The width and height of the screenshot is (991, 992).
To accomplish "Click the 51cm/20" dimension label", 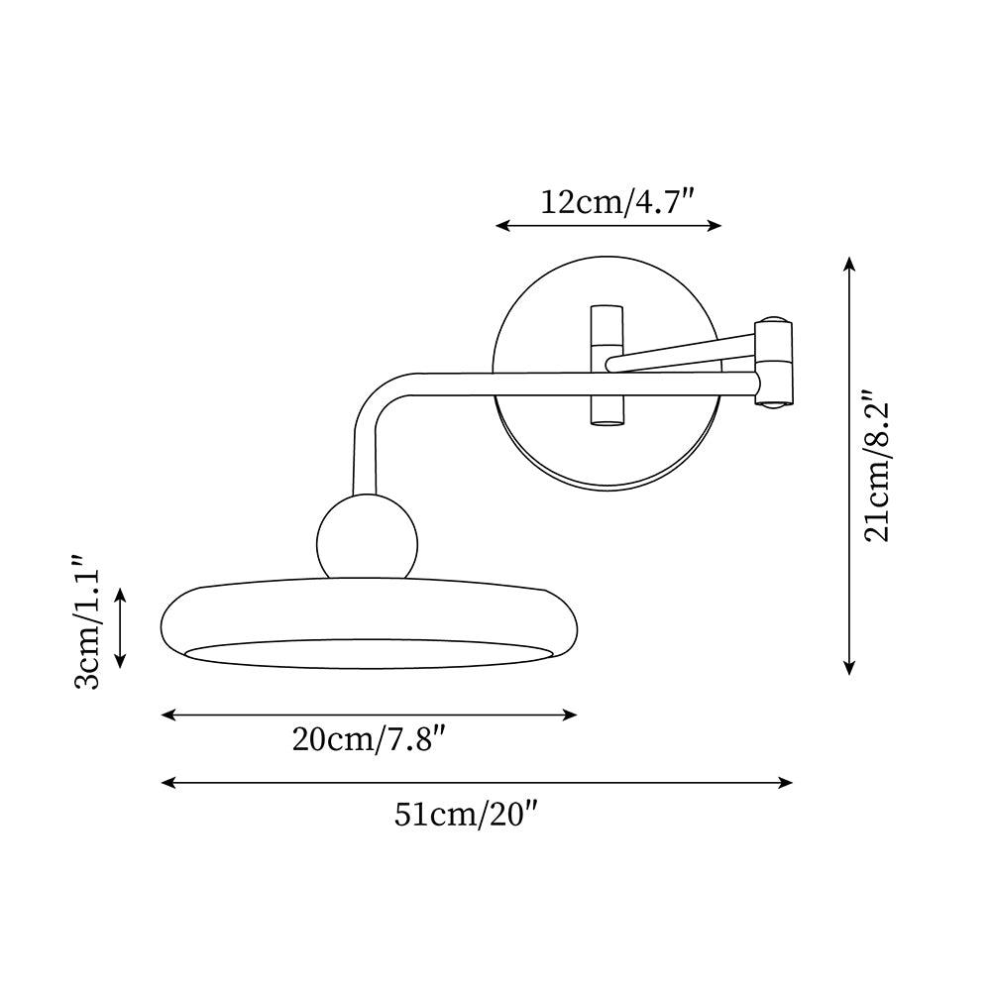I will (x=466, y=814).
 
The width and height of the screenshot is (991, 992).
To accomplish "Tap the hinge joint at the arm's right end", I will (x=773, y=363).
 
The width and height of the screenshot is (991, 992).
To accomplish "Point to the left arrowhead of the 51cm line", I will (x=166, y=783).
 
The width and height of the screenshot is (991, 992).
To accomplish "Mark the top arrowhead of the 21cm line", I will (x=849, y=263).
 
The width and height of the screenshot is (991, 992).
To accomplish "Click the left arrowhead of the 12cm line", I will (x=501, y=226).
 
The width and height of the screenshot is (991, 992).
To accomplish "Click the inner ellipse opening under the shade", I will (x=367, y=653).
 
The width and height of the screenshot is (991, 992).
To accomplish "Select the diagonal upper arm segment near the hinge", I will (x=684, y=348).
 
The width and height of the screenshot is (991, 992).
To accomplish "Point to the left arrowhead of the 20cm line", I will (x=166, y=715).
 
